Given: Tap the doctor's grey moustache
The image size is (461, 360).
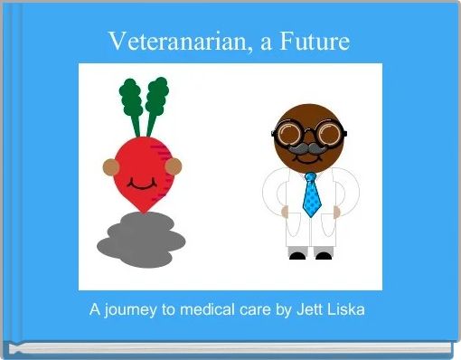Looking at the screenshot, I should pyautogui.click(x=309, y=147).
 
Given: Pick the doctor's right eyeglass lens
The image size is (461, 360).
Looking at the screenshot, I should pyautogui.click(x=327, y=135).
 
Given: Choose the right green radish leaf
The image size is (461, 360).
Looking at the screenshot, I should pyautogui.click(x=157, y=95).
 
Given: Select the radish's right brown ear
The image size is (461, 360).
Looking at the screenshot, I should pyautogui.click(x=174, y=166).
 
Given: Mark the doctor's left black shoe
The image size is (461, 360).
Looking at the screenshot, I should pyautogui.click(x=297, y=255).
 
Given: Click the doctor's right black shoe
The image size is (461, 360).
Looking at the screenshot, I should pyautogui.click(x=323, y=255).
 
